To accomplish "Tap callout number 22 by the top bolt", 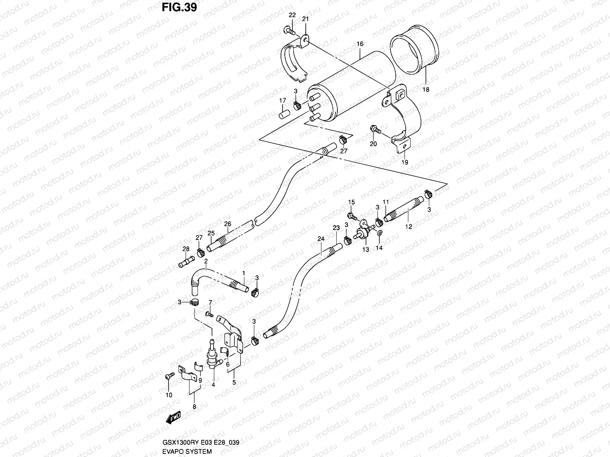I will pyautogui.click(x=292, y=15).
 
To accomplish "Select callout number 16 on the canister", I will pyautogui.click(x=360, y=45).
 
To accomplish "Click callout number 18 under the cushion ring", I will pyautogui.click(x=426, y=89).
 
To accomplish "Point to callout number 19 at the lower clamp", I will pyautogui.click(x=405, y=162).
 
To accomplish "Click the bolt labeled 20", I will pyautogui.click(x=376, y=130).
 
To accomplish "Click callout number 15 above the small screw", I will pyautogui.click(x=351, y=202).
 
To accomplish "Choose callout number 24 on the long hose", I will pyautogui.click(x=321, y=239).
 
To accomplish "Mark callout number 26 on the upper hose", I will pyautogui.click(x=228, y=224).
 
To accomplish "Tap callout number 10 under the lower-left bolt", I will pyautogui.click(x=169, y=395).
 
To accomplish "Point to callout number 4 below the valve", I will pyautogui.click(x=213, y=385).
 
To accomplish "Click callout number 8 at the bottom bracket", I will pyautogui.click(x=194, y=407).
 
